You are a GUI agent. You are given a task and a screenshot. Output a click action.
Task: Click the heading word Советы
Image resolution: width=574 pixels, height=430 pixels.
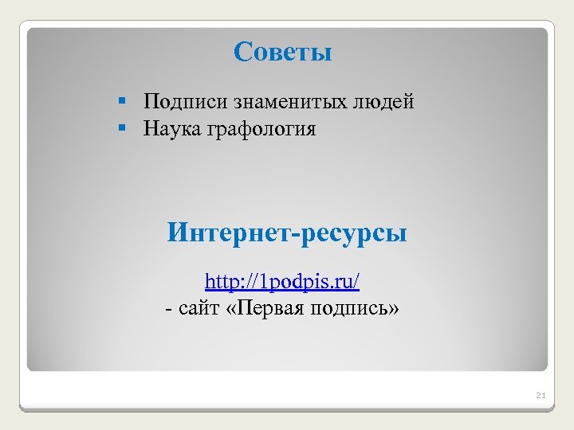tap(283, 53)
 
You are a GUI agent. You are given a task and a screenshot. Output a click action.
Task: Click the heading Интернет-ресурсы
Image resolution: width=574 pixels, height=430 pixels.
tap(287, 233)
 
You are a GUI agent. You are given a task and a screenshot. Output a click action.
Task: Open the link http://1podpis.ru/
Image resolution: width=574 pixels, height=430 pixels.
tap(282, 282)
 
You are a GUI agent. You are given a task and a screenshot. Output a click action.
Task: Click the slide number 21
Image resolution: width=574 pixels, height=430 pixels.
tap(541, 395)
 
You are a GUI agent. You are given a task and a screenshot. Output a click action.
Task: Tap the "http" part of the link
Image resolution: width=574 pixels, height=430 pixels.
tap(219, 282)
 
